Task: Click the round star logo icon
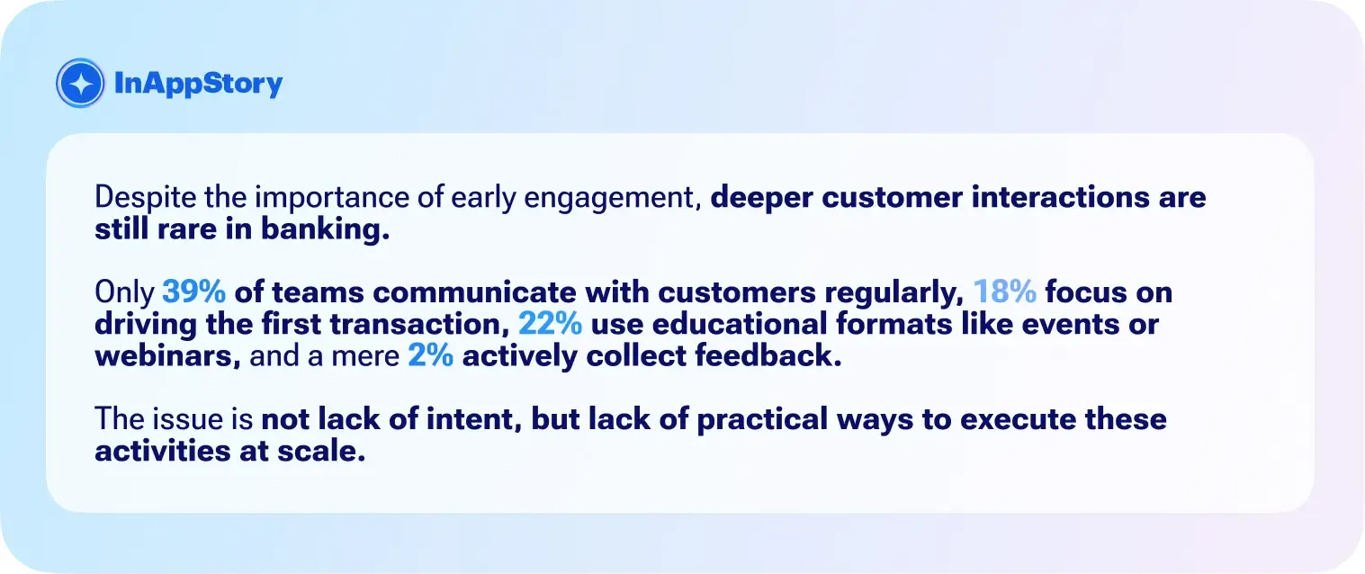click(x=82, y=84)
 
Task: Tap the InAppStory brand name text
click(x=199, y=84)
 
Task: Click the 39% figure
click(x=193, y=294)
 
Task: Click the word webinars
click(x=166, y=357)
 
